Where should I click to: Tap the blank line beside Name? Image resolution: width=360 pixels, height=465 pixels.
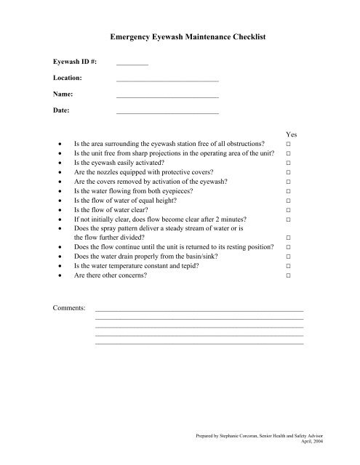tap(167, 95)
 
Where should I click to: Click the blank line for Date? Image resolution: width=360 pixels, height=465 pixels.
tap(167, 112)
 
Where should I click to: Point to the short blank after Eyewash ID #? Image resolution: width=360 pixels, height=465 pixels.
tap(132, 63)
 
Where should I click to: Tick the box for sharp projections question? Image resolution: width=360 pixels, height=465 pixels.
tap(289, 155)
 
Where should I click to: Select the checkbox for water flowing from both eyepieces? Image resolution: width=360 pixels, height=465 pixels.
tap(289, 191)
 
